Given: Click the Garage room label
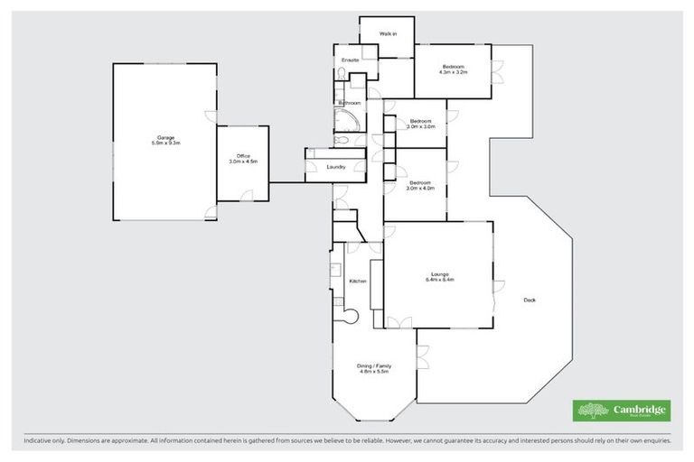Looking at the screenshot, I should [165, 137].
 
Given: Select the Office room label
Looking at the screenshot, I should [242, 156].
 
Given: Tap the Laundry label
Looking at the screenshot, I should [336, 167].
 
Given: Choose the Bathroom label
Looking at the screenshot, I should [350, 104].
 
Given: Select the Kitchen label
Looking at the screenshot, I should [358, 282].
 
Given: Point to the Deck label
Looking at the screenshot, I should [529, 300].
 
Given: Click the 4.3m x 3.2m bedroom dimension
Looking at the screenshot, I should [453, 72].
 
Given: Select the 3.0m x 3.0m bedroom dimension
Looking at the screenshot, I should [421, 127].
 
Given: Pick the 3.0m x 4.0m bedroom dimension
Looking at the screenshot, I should [421, 189].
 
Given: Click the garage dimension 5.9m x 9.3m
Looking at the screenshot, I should [165, 143].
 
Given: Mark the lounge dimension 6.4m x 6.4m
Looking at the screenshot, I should [440, 280].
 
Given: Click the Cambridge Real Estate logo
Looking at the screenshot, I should [623, 410].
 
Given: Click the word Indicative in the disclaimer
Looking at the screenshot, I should [39, 439].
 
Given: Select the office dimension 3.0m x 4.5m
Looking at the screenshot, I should [242, 162].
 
